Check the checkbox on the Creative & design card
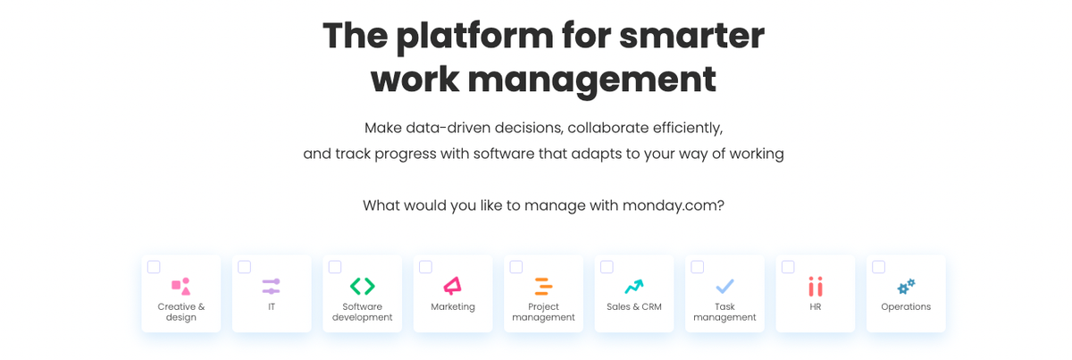(x=154, y=267)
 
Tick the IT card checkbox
(x=244, y=267)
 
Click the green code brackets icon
(x=362, y=286)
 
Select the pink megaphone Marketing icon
(x=453, y=286)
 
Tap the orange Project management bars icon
(x=543, y=286)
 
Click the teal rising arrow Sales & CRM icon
(x=633, y=286)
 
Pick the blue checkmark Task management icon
(x=724, y=286)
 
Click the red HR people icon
(x=815, y=286)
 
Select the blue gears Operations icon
(x=906, y=286)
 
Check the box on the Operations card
(x=878, y=267)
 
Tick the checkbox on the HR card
(x=788, y=267)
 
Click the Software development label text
(x=362, y=312)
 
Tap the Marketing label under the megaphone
(x=453, y=306)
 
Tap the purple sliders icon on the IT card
(x=272, y=286)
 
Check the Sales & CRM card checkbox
(x=607, y=267)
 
